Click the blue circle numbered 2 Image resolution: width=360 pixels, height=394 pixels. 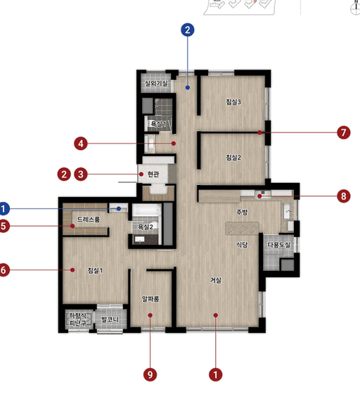187,30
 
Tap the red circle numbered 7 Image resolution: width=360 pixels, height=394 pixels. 343,132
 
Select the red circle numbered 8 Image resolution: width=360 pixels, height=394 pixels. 343,196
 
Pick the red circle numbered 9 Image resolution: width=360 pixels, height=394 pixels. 150,374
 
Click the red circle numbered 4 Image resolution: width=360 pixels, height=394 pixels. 81,144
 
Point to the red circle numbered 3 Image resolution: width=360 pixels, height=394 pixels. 81,174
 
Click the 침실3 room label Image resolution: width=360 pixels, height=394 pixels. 233,102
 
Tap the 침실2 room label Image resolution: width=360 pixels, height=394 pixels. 233,158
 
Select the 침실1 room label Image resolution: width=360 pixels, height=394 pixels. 95,270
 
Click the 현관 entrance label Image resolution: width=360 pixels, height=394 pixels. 153,174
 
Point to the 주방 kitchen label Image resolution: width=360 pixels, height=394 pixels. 242,212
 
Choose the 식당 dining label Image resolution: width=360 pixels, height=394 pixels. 242,245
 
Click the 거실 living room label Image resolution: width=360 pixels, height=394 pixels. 216,280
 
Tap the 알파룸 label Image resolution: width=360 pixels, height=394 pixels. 150,299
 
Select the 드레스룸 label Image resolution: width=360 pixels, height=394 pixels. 89,220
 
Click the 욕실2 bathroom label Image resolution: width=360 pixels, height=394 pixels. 146,227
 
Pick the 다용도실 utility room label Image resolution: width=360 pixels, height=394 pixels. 278,245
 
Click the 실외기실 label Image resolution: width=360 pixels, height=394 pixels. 156,83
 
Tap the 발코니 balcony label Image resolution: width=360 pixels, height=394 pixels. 110,319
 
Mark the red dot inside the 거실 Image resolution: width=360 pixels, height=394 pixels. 216,315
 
